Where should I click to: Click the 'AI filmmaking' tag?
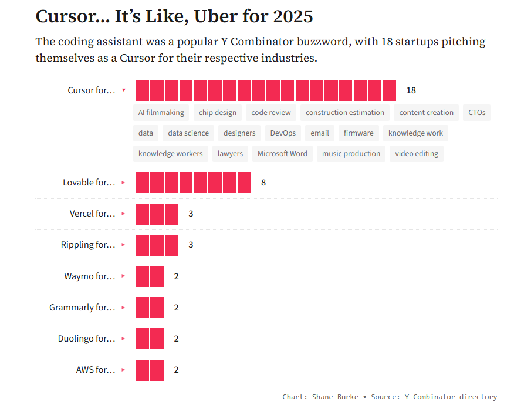[x=161, y=113]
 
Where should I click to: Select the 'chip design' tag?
[x=218, y=113]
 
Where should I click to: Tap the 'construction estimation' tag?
[x=345, y=113]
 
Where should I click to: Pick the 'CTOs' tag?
[x=476, y=113]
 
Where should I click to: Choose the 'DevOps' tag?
[x=283, y=133]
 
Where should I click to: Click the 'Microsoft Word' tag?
[x=282, y=154]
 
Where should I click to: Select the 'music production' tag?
[x=351, y=154]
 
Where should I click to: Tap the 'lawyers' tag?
[x=230, y=154]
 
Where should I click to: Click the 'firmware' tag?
[x=358, y=133]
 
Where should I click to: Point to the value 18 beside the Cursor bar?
[x=411, y=90]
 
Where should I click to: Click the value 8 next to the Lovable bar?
[x=263, y=183]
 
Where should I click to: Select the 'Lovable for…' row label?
[x=89, y=183]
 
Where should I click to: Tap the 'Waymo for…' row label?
[x=90, y=276]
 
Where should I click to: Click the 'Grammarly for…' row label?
[x=82, y=308]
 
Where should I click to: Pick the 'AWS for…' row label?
[x=96, y=370]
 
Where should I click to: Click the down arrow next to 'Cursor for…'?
[x=123, y=90]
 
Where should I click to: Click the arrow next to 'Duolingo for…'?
[x=123, y=339]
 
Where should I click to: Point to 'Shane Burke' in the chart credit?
[x=334, y=397]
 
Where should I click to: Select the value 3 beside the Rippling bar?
[x=191, y=245]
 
